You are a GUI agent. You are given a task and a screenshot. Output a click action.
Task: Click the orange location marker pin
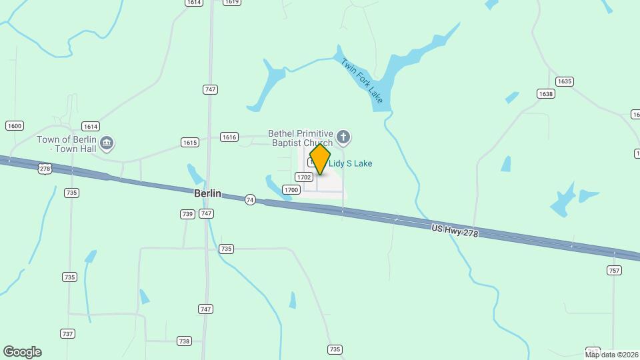pyautogui.click(x=320, y=160)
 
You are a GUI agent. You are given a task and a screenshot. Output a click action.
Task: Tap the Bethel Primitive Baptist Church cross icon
pyautogui.click(x=343, y=138)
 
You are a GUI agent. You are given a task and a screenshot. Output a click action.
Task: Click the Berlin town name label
pyautogui.click(x=207, y=193)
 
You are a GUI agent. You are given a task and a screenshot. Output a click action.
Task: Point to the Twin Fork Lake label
pyautogui.click(x=362, y=81)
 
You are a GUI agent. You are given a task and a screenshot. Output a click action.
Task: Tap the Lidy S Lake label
pyautogui.click(x=350, y=163)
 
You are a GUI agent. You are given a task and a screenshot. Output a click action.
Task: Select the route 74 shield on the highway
pyautogui.click(x=250, y=199)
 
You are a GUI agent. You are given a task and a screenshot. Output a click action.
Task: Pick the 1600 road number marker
pyautogui.click(x=14, y=125)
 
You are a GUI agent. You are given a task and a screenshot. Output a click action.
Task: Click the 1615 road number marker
pyautogui.click(x=190, y=142)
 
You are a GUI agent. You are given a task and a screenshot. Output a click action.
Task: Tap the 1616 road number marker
pyautogui.click(x=229, y=137)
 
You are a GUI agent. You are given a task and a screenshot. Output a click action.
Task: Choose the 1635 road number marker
pyautogui.click(x=564, y=81)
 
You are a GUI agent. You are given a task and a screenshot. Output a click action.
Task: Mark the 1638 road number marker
pyautogui.click(x=546, y=94)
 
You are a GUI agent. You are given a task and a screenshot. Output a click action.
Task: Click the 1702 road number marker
pyautogui.click(x=304, y=177)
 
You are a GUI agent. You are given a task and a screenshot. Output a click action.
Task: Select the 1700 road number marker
pyautogui.click(x=291, y=190)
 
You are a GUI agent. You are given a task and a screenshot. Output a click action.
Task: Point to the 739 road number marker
pyautogui.click(x=187, y=214)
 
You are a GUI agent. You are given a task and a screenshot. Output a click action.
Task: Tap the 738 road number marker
pyautogui.click(x=184, y=341)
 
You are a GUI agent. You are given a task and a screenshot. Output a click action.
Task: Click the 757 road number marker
pyautogui.click(x=614, y=270)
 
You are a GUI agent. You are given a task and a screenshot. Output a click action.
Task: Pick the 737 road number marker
pyautogui.click(x=67, y=334)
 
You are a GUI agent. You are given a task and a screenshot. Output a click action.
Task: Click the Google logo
pyautogui.click(x=22, y=352)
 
